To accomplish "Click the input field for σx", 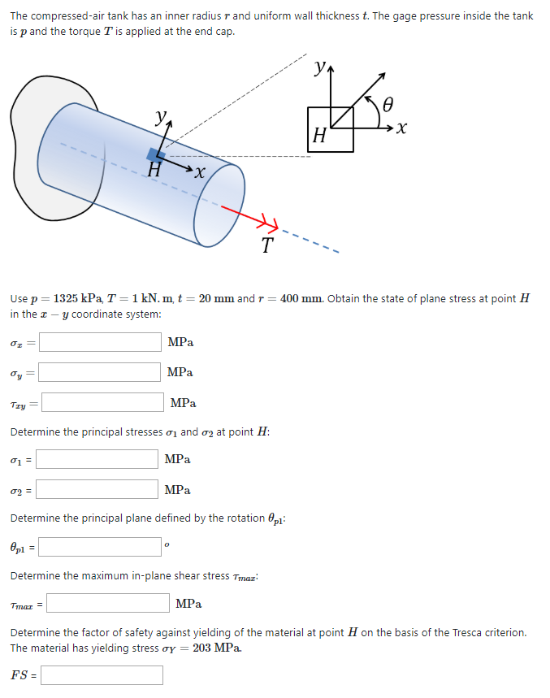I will tap(100, 342).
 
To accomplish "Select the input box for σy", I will tap(100, 372).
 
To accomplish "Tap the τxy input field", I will tap(103, 402).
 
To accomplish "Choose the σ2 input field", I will tap(97, 489).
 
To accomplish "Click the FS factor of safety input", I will tap(102, 675).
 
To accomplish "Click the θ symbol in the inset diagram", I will tap(388, 103).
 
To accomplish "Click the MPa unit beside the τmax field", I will tap(188, 604).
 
